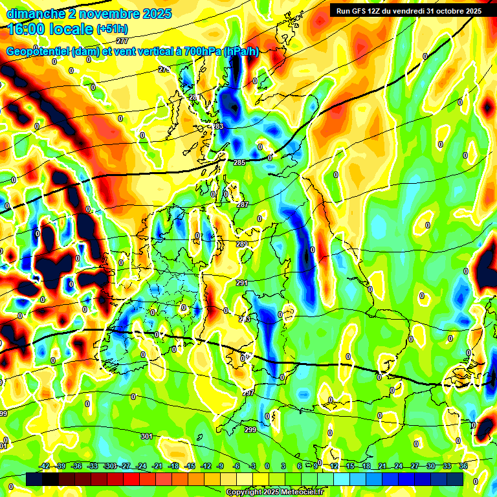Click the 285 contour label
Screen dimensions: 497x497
point(239,162)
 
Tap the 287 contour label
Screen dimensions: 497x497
point(243,204)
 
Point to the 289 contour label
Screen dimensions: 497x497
point(241,244)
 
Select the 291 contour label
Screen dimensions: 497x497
point(242,283)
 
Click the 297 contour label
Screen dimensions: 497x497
point(248,393)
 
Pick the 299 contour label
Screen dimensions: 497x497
point(251,430)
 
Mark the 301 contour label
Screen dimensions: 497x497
point(146,437)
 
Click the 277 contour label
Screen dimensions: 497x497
point(122,77)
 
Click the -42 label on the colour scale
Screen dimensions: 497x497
point(45,466)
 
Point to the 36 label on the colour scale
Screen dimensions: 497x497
point(463,466)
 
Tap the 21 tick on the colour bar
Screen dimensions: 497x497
point(382,466)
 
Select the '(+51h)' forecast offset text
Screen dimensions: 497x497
point(112,29)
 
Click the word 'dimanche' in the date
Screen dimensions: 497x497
point(34,13)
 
